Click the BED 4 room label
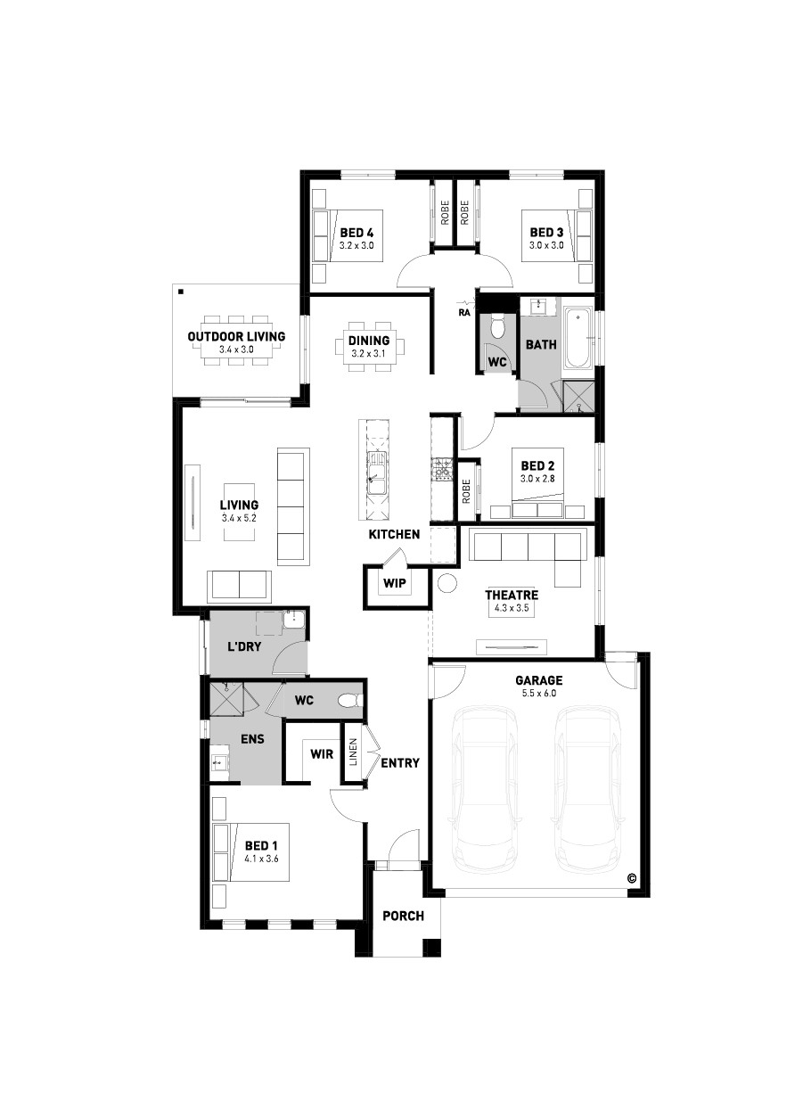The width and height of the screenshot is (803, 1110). pyautogui.click(x=356, y=233)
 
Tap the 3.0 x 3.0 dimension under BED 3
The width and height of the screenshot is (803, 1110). pyautogui.click(x=546, y=245)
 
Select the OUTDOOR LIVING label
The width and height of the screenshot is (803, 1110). pyautogui.click(x=236, y=336)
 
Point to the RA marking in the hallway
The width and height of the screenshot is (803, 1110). pyautogui.click(x=464, y=313)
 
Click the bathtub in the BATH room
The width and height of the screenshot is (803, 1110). pyautogui.click(x=578, y=338)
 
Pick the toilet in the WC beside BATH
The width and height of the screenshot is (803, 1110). pyautogui.click(x=496, y=325)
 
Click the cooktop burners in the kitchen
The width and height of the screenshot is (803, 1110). pyautogui.click(x=442, y=469)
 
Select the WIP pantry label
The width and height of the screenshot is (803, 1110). pyautogui.click(x=394, y=583)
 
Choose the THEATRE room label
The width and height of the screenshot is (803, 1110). pyautogui.click(x=512, y=595)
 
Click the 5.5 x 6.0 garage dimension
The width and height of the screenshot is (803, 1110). pyautogui.click(x=539, y=693)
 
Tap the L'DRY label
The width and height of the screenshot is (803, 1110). pyautogui.click(x=243, y=646)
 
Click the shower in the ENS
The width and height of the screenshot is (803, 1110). pyautogui.click(x=226, y=699)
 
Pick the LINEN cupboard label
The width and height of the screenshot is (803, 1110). pyautogui.click(x=353, y=752)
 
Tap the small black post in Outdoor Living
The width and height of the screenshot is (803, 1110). pyautogui.click(x=181, y=292)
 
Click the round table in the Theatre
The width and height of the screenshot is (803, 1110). pyautogui.click(x=447, y=582)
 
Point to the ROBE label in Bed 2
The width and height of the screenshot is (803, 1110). pyautogui.click(x=466, y=491)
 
